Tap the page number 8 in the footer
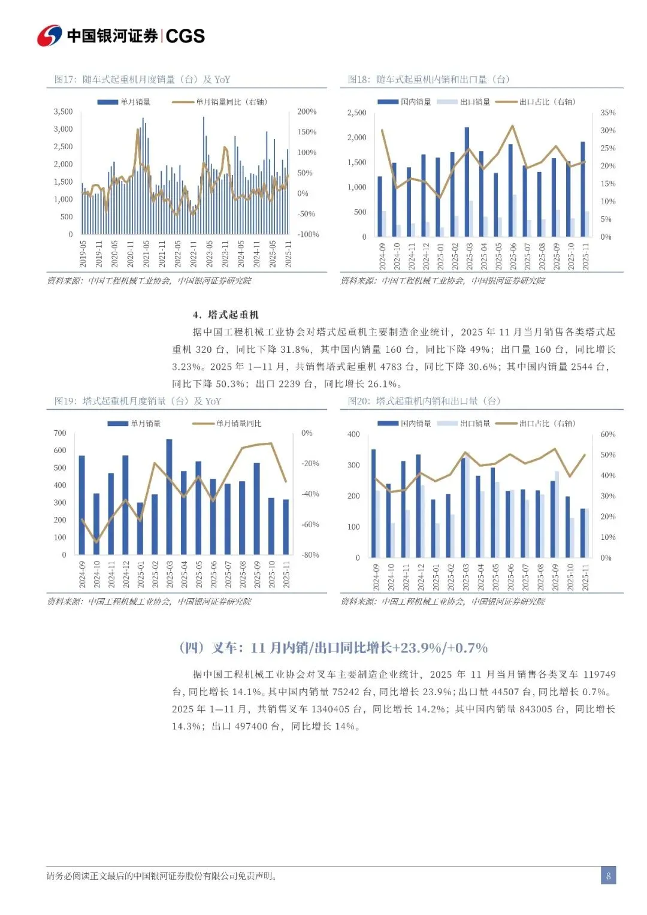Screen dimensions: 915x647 click(x=608, y=875)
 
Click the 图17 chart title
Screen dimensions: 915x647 click(x=142, y=79)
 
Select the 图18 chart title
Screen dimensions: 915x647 click(x=428, y=79)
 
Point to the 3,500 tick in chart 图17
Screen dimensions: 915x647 click(x=63, y=111)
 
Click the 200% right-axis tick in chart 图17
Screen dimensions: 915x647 click(x=307, y=111)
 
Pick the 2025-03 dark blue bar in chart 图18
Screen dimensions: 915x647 click(x=467, y=181)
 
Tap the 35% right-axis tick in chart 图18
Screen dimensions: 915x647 click(x=607, y=113)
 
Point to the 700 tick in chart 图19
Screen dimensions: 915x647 click(x=60, y=433)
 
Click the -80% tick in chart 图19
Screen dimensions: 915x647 click(x=310, y=555)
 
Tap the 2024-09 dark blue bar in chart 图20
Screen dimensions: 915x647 click(x=373, y=503)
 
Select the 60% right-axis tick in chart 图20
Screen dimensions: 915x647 click(x=607, y=434)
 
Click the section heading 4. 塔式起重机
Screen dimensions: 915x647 click(x=225, y=315)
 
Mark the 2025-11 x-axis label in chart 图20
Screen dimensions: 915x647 click(x=585, y=577)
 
